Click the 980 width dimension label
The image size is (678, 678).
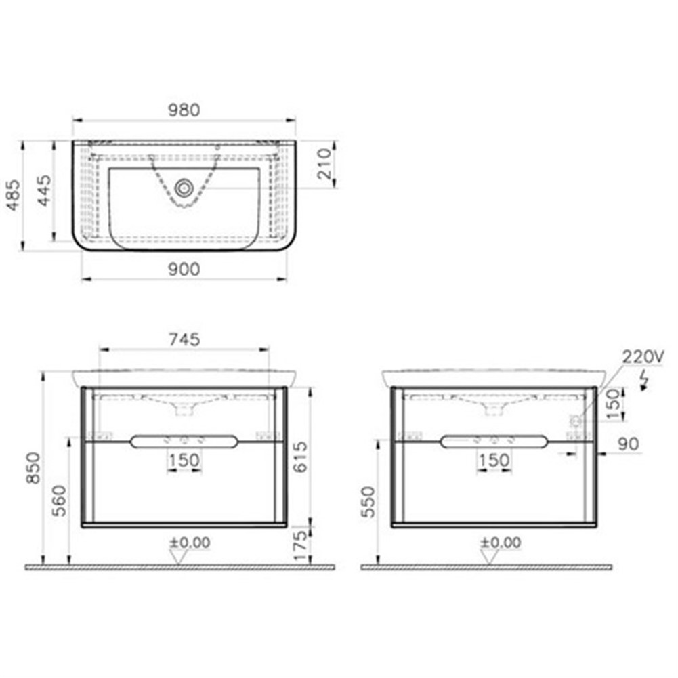[x=184, y=110]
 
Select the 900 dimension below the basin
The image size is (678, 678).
[x=184, y=269]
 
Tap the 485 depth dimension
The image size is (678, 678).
[x=13, y=196]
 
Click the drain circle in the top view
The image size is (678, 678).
[x=182, y=188]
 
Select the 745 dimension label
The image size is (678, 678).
[x=184, y=339]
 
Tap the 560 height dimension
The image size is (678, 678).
[x=60, y=501]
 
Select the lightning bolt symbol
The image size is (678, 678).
[x=645, y=381]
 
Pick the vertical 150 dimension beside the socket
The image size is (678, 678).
[x=614, y=404]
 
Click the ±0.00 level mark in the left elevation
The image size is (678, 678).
[x=189, y=543]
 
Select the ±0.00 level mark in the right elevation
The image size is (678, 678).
[x=501, y=543]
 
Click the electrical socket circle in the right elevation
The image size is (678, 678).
[x=576, y=421]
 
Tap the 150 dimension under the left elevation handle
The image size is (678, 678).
[x=184, y=461]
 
